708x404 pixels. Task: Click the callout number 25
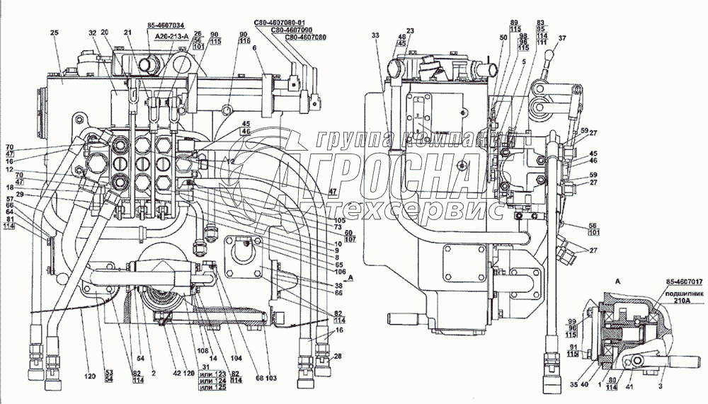[54, 33]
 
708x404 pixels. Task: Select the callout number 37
[562, 37]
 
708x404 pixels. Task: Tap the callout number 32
[92, 33]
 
